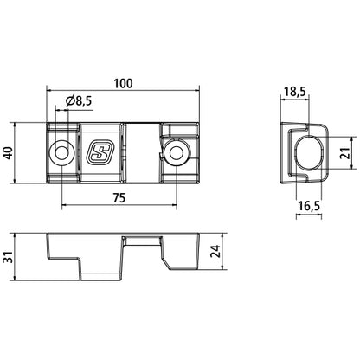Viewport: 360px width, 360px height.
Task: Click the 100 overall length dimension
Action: pos(122,83)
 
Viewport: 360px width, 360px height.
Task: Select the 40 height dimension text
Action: pos(9,153)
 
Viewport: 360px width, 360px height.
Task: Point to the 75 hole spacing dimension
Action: pos(121,197)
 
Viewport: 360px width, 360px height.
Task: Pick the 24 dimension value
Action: pos(214,253)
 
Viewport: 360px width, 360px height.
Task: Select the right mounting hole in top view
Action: pos(177,153)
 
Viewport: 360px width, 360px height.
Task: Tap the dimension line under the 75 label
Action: pos(121,207)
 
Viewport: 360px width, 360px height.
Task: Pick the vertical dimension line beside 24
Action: pos(205,253)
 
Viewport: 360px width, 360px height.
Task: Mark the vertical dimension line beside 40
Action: pos(20,153)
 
